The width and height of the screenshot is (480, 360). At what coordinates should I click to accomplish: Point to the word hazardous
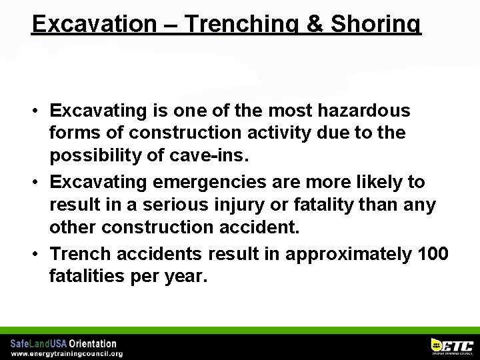[364, 109]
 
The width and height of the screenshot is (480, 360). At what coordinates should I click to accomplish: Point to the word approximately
[341, 254]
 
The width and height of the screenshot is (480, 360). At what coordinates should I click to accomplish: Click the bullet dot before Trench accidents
[41, 255]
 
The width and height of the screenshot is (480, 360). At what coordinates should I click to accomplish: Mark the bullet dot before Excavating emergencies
[41, 182]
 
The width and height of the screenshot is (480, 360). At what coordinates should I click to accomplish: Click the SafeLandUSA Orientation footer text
[63, 344]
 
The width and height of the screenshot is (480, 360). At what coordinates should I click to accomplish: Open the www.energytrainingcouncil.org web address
[67, 354]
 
